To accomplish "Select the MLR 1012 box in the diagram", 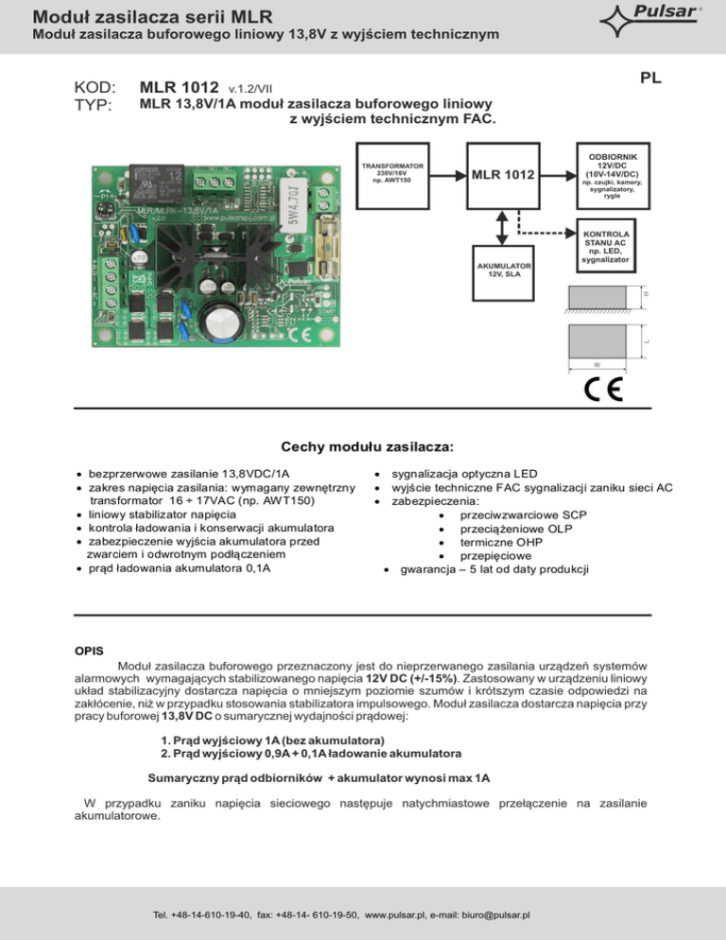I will (501, 175).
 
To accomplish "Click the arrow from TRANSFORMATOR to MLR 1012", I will (445, 174).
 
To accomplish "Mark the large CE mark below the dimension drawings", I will (597, 391).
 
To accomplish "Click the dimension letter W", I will (596, 364).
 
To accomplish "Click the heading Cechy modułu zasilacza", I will (363, 444).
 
